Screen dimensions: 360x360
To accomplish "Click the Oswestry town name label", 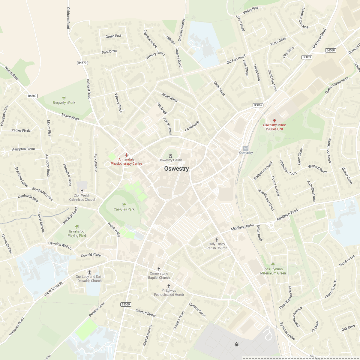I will coord(176,169).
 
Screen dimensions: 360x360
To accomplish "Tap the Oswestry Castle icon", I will coord(170,155).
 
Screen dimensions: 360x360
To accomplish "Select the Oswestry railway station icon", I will coord(246,148).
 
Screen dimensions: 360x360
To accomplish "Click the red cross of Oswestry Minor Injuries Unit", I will coord(274,120).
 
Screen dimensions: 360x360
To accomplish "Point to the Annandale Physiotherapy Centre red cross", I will coord(126,155).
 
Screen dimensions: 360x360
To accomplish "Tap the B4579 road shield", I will coord(82,63).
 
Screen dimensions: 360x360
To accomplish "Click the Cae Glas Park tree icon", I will coord(124,205).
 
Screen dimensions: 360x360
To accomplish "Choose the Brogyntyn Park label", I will coord(64,103).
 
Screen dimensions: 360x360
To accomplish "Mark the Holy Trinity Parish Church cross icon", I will coord(217,240).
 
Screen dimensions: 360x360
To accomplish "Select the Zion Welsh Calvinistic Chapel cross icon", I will coord(82,191).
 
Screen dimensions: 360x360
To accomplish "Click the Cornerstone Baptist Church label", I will coord(159,276).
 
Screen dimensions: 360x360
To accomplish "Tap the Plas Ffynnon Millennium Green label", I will coord(273,271).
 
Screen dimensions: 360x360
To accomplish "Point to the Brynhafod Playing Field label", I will coord(77,233).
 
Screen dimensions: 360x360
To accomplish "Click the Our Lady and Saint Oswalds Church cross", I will coord(89,272).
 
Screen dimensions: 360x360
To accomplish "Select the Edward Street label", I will coord(145,313).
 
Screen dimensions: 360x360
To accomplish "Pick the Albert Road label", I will coord(169,97).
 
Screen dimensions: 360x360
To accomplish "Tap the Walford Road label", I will coord(317,169).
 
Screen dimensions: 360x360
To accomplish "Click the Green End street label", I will coord(113,36).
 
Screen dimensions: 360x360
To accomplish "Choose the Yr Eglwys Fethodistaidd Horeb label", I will coord(169,292).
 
